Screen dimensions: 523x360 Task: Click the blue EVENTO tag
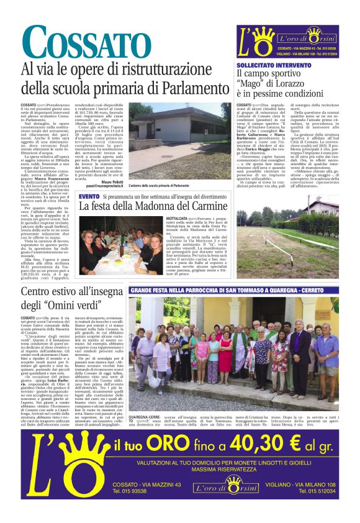(89, 196)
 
